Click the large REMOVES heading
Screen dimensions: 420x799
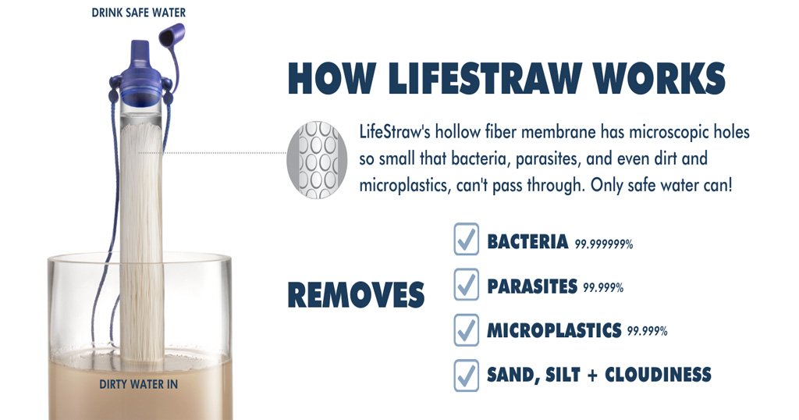point(356,294)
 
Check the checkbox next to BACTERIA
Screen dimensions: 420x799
point(466,242)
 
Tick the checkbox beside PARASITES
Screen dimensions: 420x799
point(466,286)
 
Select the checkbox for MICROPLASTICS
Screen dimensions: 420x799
point(466,330)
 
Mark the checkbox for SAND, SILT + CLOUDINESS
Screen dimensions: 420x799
point(466,376)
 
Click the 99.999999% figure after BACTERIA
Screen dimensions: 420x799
point(604,244)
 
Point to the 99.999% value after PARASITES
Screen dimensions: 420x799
point(603,288)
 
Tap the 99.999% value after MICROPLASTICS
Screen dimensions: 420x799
point(647,332)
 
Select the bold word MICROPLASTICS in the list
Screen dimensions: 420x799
point(553,329)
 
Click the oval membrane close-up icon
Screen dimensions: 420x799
point(316,159)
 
